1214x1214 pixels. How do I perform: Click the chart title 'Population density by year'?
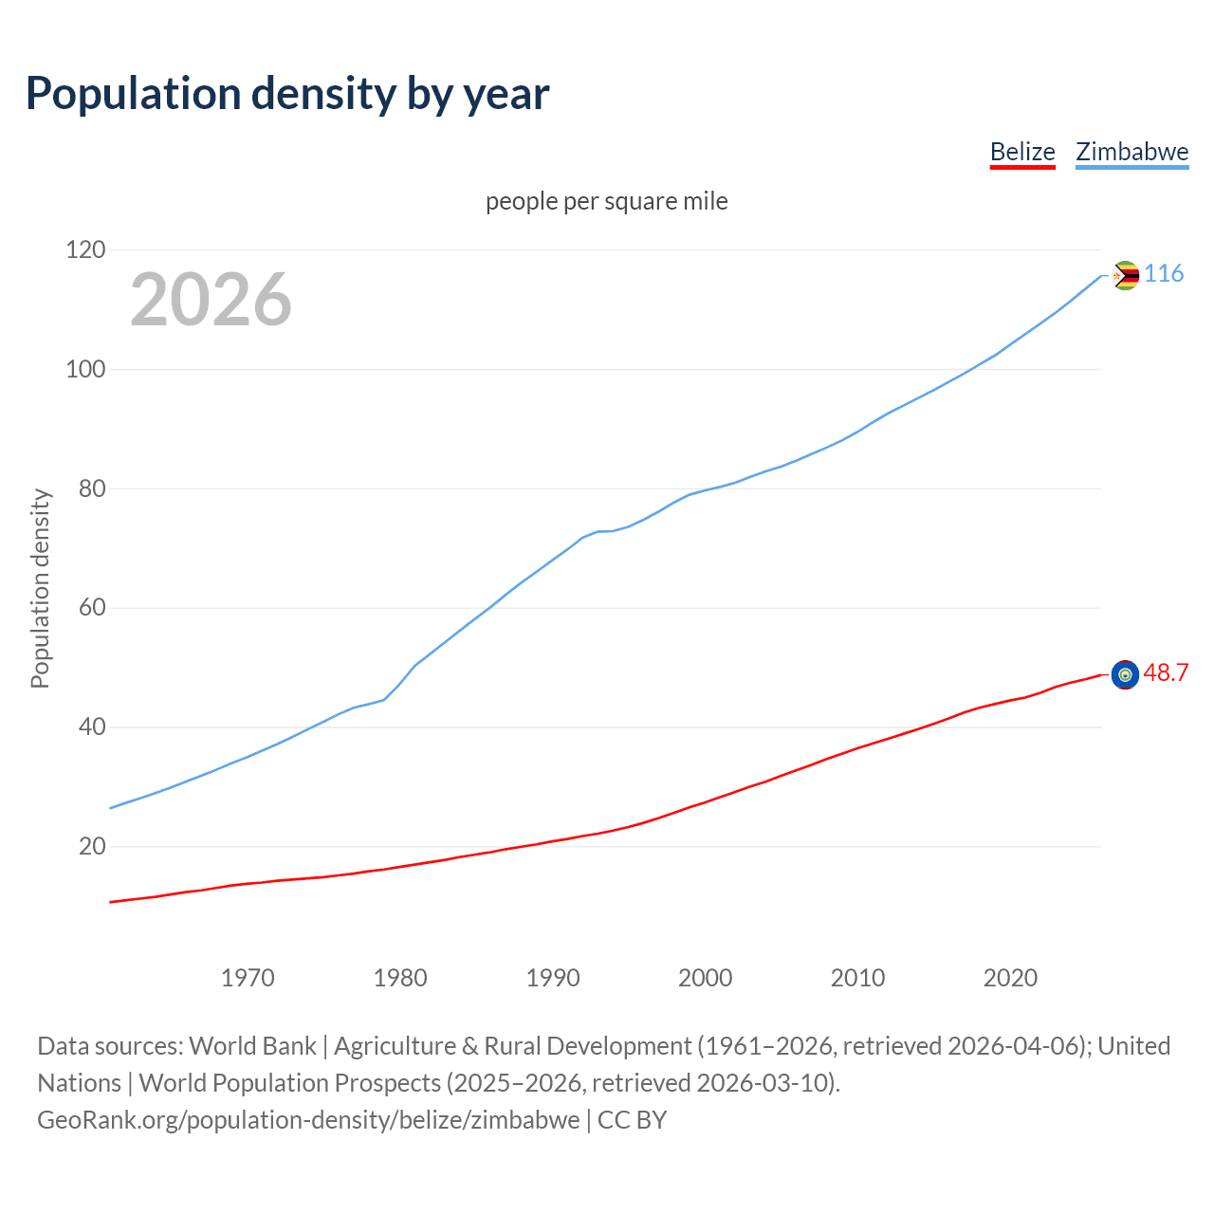[287, 94]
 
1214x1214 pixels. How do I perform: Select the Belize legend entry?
[1022, 152]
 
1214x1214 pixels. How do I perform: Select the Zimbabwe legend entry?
[1131, 152]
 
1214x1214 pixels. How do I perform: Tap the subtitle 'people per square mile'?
[606, 201]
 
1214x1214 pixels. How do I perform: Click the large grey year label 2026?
[211, 300]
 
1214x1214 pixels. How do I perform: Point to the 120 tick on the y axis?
[85, 250]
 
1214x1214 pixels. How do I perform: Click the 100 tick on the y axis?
[85, 370]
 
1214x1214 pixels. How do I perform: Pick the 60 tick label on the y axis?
[92, 608]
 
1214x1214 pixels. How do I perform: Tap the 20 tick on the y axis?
[92, 846]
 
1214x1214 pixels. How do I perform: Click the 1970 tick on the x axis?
[248, 978]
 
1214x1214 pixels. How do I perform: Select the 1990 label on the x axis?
[553, 978]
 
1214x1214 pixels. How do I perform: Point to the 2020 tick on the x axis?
[1010, 978]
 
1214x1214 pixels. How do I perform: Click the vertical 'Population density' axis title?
[40, 588]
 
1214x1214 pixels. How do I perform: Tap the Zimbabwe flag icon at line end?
[1125, 276]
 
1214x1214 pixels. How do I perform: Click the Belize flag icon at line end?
[1125, 674]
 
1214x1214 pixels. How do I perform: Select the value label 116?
[1164, 274]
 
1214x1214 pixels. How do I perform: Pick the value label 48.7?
[1166, 672]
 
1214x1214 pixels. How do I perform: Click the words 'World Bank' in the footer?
[252, 1046]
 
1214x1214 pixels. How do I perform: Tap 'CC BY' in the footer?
[633, 1120]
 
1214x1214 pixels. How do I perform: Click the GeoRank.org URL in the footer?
[308, 1120]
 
